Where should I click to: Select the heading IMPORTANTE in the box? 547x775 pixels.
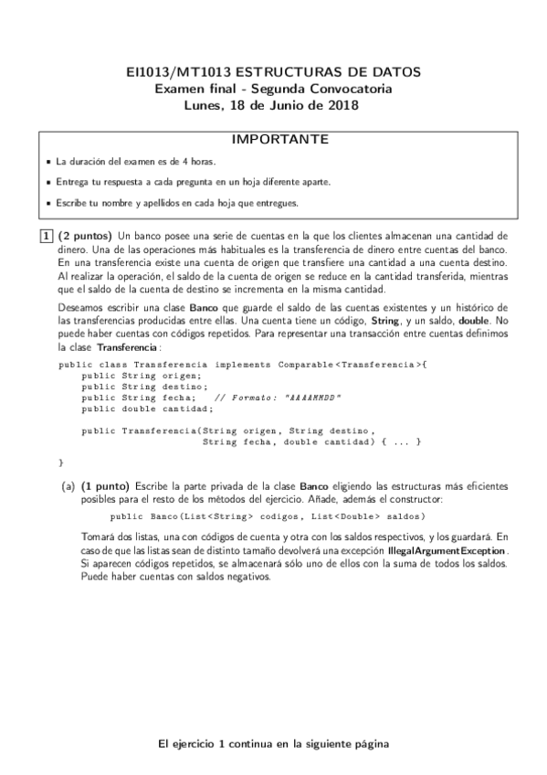pyautogui.click(x=273, y=140)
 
